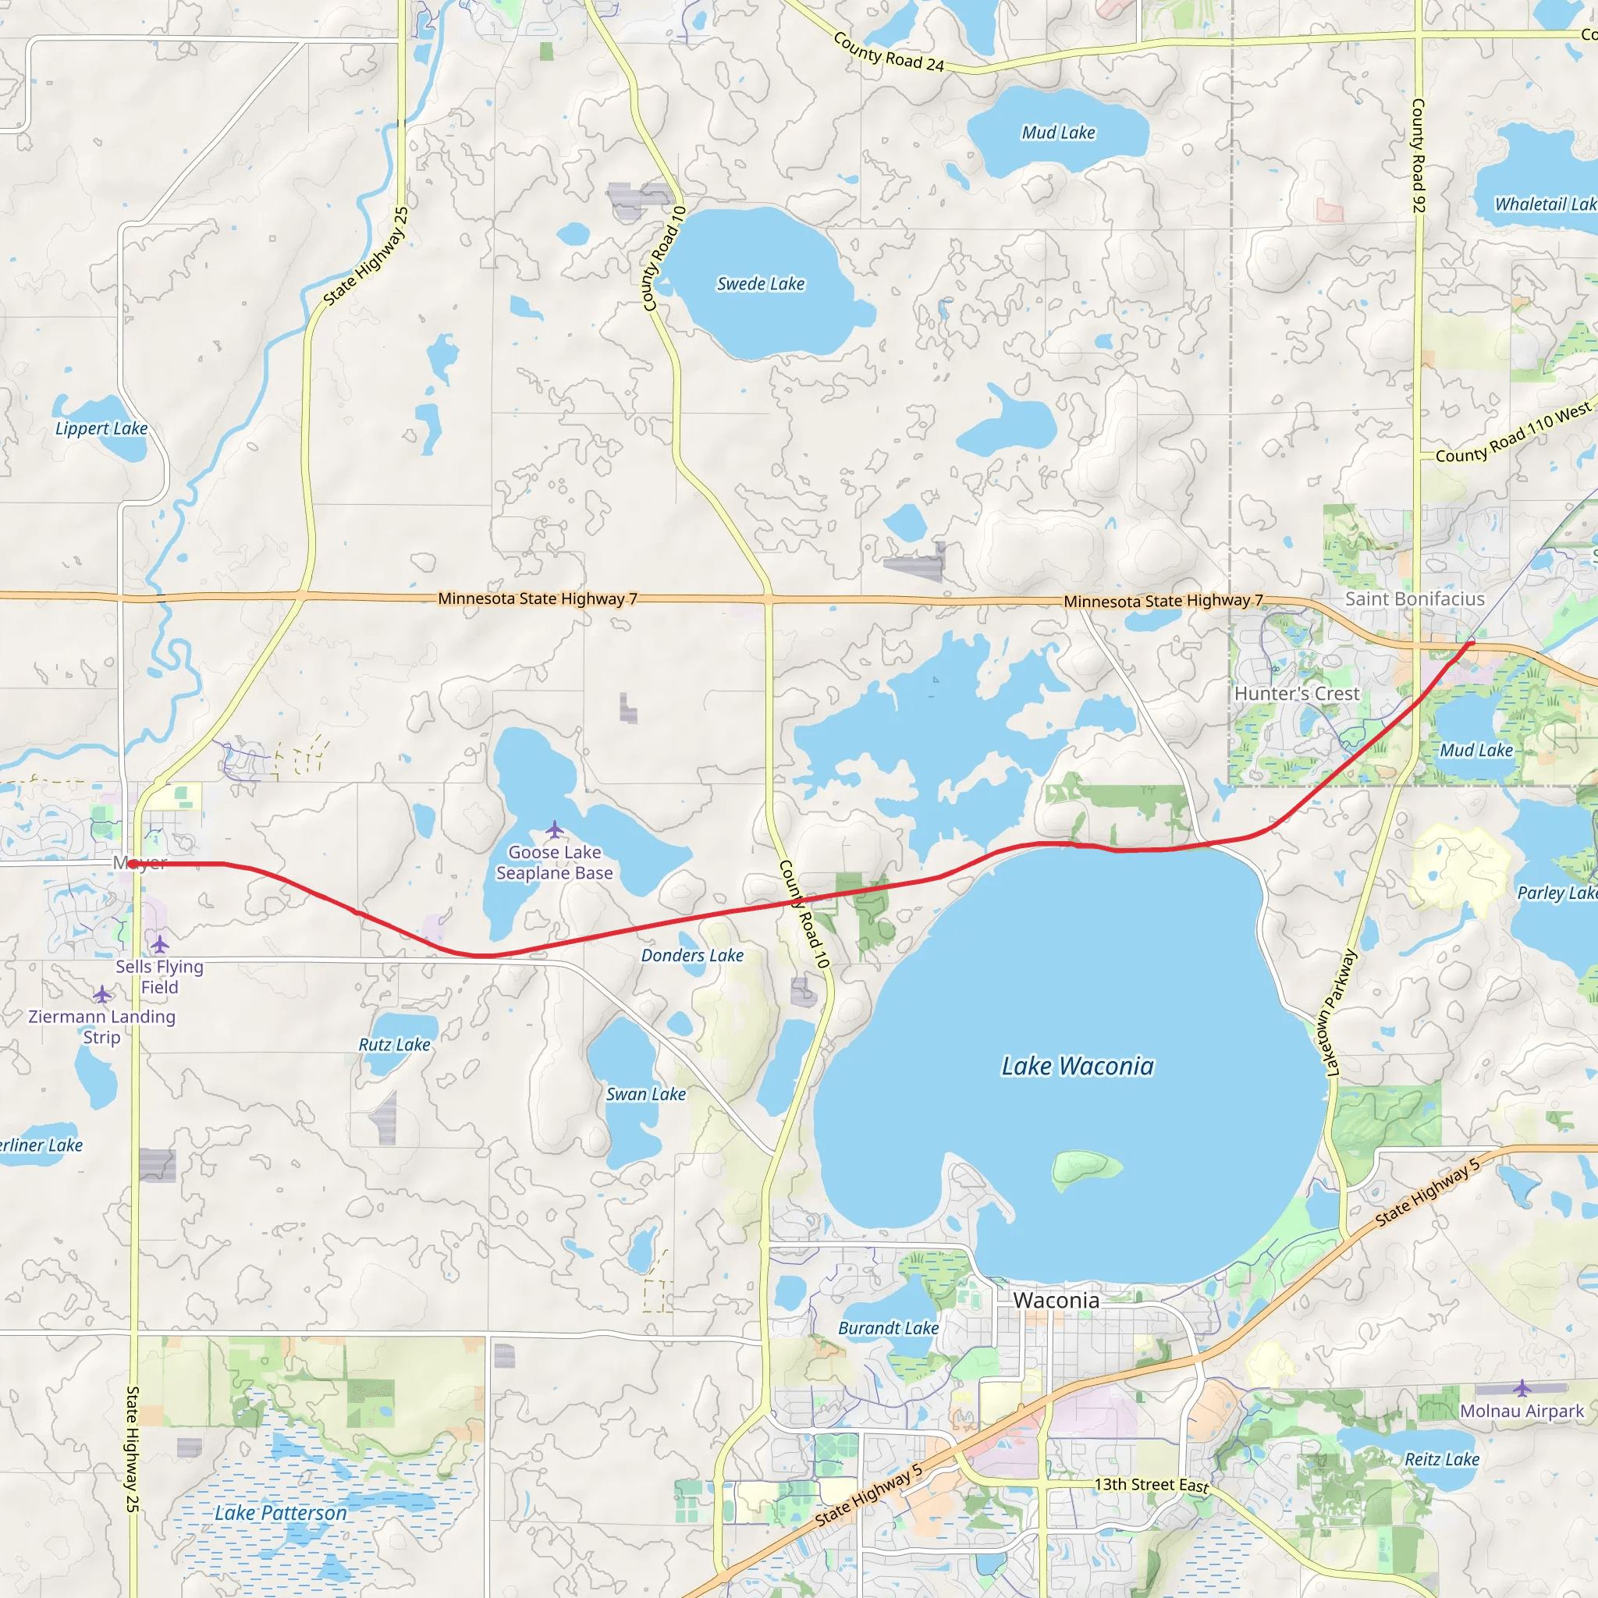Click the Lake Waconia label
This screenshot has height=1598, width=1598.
pos(1077,1066)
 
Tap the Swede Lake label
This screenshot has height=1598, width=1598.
pos(760,284)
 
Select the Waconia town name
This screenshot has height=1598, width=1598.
pos(1056,1300)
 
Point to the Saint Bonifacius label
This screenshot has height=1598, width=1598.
pos(1415,598)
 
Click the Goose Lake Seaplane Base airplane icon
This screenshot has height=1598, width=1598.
pos(554,829)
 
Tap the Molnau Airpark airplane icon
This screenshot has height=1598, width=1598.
pos(1522,1387)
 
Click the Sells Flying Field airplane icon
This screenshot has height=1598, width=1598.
pos(160,944)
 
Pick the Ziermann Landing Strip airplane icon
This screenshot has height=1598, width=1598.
pos(101,993)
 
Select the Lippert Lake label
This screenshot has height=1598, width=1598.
pos(101,428)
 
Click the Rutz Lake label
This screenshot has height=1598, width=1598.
pos(394,1045)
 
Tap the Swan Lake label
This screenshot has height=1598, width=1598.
pos(646,1094)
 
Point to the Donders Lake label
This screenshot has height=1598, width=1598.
pos(692,955)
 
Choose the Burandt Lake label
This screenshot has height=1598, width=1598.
pos(888,1328)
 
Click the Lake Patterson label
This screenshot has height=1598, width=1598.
pos(280,1513)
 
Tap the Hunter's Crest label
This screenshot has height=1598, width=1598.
pos(1296,694)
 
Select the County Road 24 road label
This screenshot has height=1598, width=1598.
pos(888,52)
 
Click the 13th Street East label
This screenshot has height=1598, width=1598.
pos(1152,1485)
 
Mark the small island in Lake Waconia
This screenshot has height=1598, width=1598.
pos(1085,1167)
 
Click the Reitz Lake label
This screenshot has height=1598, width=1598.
pos(1442,1460)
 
